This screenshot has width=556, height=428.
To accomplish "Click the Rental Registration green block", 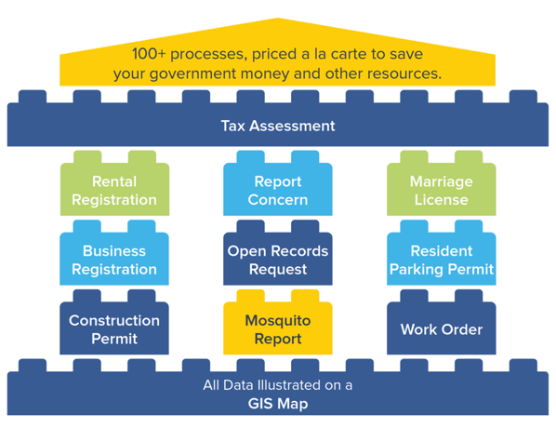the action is [x=114, y=188].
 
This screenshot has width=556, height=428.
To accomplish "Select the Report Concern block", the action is [x=278, y=188].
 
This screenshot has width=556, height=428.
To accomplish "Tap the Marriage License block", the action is [x=442, y=188].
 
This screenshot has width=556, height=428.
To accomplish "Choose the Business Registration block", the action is [x=114, y=258].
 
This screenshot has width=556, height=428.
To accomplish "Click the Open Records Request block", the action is [x=278, y=258].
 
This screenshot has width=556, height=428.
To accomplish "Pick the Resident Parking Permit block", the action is [x=442, y=258].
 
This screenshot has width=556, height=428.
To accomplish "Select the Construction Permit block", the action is [x=114, y=328].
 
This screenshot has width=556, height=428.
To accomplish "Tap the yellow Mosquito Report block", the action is [x=278, y=328].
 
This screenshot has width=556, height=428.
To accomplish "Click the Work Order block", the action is [x=442, y=328].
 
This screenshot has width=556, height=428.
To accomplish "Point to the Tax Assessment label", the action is [x=278, y=126].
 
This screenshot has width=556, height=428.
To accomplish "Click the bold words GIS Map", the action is [x=278, y=404].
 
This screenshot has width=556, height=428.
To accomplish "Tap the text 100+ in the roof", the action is [x=149, y=54].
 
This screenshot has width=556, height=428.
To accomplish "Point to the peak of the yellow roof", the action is [x=278, y=18].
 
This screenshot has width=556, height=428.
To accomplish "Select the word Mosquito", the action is [x=278, y=321].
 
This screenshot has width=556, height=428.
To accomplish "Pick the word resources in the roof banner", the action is [x=404, y=74].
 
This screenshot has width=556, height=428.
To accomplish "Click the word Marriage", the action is [x=442, y=181].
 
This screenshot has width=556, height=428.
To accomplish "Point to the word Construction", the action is [x=114, y=320].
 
